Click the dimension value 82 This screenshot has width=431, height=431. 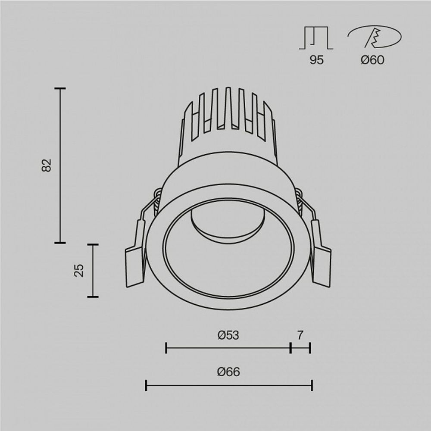pos(47,166)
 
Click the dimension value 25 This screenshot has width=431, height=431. pos(79,270)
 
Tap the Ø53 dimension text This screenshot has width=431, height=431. pos(228,335)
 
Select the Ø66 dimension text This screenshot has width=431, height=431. pos(228,372)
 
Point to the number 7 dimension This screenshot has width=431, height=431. pos(300,335)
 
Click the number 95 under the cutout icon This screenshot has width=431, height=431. pos(316,60)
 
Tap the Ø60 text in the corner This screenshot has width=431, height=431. pos(372,60)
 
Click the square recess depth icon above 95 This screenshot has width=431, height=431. pos(316,38)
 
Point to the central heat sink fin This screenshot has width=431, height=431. pos(228,108)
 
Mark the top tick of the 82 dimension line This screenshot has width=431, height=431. pos(60,88)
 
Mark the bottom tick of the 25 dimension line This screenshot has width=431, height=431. pos(93,297)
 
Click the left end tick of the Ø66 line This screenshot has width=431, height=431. pos(146,385)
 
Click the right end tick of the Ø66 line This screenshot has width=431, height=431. pos(312,385)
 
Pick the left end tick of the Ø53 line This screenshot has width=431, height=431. pos(166,348)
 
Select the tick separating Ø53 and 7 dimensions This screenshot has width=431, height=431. pos(291,348)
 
